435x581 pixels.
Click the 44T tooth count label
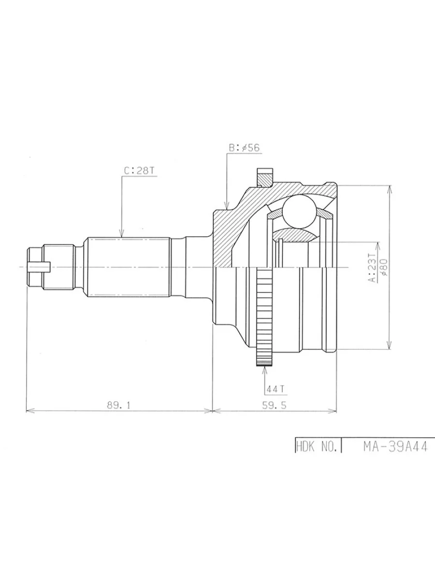[274, 389]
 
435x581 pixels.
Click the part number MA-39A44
[395, 446]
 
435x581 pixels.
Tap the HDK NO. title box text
[318, 446]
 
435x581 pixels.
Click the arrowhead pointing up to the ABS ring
[264, 371]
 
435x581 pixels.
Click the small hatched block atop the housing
[265, 178]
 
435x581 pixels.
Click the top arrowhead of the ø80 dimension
[389, 189]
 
